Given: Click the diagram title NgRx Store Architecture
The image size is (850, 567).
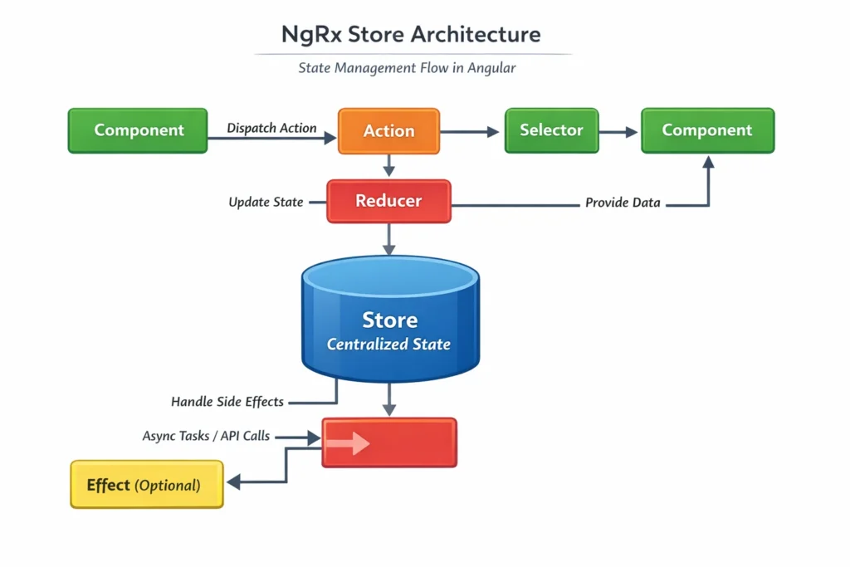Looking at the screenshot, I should [410, 35].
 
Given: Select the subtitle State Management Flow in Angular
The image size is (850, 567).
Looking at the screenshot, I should [407, 68].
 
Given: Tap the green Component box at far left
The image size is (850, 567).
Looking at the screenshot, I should [138, 130].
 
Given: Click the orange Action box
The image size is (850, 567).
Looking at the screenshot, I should [388, 130].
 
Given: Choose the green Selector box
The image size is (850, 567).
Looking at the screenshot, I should [551, 130].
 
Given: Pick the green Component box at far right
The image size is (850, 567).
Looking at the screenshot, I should [707, 130].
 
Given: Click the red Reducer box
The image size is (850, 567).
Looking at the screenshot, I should [388, 201].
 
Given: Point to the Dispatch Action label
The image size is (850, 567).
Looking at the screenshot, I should [271, 128].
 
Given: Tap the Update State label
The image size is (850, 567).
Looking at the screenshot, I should [266, 202].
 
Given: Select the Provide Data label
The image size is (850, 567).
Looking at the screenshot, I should [623, 202].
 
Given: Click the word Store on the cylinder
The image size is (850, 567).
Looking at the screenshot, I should [389, 320].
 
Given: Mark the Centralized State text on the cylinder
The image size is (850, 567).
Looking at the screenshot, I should [389, 344].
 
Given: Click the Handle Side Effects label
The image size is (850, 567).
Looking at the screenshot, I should [227, 402].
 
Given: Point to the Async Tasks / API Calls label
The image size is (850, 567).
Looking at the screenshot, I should [206, 435].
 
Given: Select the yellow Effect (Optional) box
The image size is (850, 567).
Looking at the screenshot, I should [146, 485].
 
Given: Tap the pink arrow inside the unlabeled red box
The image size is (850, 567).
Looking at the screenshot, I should [348, 443].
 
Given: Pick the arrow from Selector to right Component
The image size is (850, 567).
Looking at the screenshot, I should [618, 131].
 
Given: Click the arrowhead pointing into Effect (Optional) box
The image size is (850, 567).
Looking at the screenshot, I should [234, 481].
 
